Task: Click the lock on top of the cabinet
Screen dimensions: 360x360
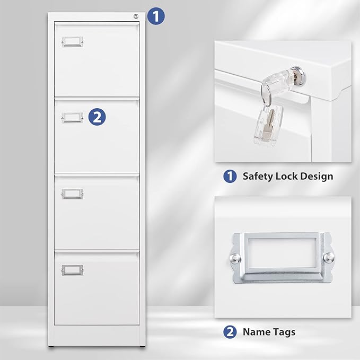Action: click(x=136, y=16)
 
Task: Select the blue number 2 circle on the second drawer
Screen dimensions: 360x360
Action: click(x=96, y=117)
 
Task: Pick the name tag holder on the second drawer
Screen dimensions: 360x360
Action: click(x=72, y=117)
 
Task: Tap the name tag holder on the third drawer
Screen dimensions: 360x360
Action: click(x=72, y=194)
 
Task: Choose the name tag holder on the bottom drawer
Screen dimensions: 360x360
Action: click(x=72, y=269)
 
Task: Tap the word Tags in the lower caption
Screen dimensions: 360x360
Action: click(x=284, y=332)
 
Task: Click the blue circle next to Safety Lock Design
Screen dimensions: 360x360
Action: click(x=230, y=176)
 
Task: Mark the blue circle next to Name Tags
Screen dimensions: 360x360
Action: click(x=230, y=332)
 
